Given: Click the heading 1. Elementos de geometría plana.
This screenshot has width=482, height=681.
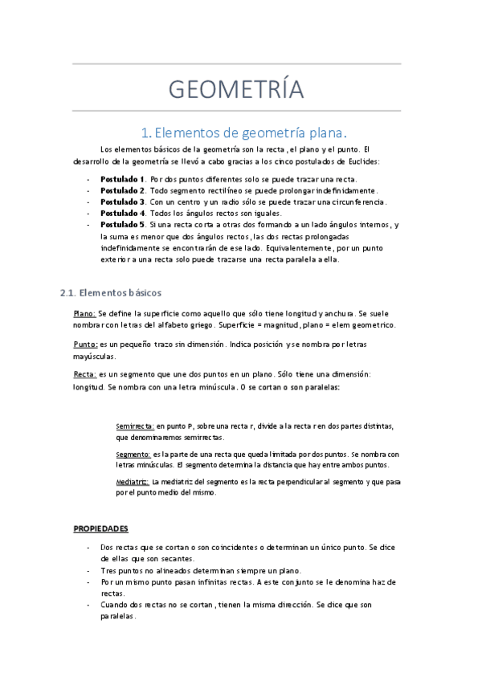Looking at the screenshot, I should point(243,132).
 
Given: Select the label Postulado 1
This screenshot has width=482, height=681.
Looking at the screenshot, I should point(122,178).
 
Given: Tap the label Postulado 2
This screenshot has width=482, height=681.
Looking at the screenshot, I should point(122,190).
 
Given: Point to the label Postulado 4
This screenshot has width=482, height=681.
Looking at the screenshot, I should point(122,214).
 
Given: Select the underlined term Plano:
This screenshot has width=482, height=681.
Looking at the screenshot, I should point(84,313).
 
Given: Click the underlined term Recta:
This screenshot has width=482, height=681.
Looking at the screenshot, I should point(84,374).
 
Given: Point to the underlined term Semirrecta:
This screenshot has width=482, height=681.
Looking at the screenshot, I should point(136,426).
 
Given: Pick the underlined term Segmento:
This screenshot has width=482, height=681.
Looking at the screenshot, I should point(133,454).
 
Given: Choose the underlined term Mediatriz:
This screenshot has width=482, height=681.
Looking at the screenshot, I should point(133,481).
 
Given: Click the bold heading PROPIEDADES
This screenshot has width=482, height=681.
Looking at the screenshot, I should point(100,528).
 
